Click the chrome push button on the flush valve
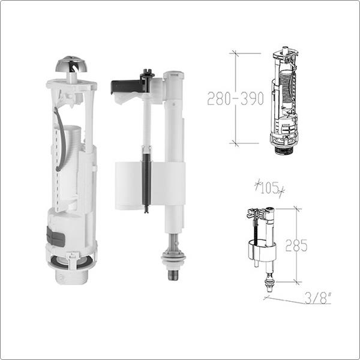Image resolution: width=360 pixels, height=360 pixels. point(71,64)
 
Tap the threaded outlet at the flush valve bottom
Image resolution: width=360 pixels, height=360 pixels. point(71,277)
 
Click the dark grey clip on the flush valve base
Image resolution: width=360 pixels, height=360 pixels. point(55,236)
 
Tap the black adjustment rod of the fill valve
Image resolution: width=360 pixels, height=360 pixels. point(146,181)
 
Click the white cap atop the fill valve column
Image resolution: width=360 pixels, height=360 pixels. point(173,76)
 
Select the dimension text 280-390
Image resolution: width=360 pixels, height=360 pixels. point(235,98)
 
